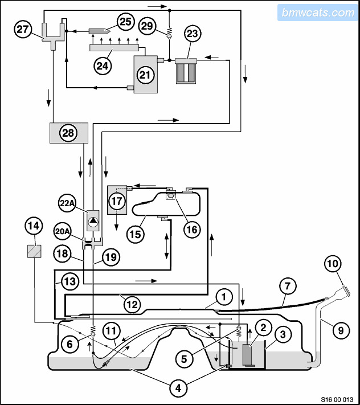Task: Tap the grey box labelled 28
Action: point(68,133)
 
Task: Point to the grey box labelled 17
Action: point(117,200)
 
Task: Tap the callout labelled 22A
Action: point(68,202)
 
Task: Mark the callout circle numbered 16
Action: point(192,230)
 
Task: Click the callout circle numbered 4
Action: point(179,388)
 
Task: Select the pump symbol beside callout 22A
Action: point(93,220)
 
